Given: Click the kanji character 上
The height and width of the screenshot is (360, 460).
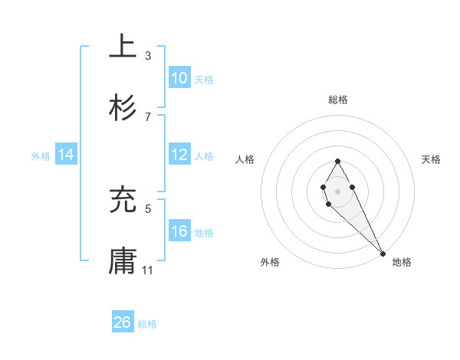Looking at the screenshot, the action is pos(123,47).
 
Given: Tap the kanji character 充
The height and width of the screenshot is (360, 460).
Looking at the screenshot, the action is pos(123,200).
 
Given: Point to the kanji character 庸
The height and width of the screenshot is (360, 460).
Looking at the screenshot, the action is pos(123,261).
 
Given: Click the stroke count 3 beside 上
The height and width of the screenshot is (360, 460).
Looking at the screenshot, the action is pos(148,55).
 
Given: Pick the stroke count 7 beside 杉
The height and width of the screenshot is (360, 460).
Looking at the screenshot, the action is pos(148,116).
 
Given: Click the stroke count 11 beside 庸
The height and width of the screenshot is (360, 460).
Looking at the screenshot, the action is pos(148,270).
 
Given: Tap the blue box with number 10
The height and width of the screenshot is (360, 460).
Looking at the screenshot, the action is pos(179,78).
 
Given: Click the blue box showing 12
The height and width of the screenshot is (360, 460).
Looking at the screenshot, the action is pos(179,155).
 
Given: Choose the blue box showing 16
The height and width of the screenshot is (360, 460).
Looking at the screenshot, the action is pos(179,231).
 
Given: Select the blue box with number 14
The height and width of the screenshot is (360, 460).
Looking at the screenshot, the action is pos(66,155).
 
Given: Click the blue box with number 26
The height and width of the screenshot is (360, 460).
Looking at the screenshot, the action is pos(123,322).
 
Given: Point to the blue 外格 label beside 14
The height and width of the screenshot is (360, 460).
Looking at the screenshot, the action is pos(41,156).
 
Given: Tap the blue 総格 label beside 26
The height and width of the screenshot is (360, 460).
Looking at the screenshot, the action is pos(147,324).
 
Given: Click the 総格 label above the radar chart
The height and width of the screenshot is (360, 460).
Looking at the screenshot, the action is pos(338,100).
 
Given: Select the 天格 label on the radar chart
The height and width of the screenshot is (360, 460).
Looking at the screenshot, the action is pos(432,159).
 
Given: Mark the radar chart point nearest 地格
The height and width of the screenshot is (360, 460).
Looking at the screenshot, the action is pos(383,253).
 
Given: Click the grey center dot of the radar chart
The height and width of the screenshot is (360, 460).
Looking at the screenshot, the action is pos(337,190).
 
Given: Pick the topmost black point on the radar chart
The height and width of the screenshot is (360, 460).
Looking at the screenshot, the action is pos(337,161).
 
